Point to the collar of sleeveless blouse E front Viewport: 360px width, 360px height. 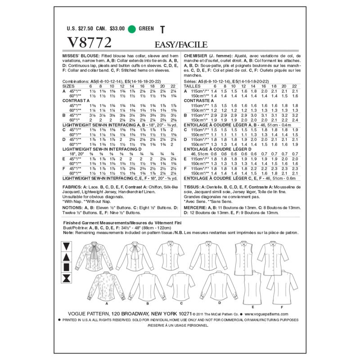(247, 243)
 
